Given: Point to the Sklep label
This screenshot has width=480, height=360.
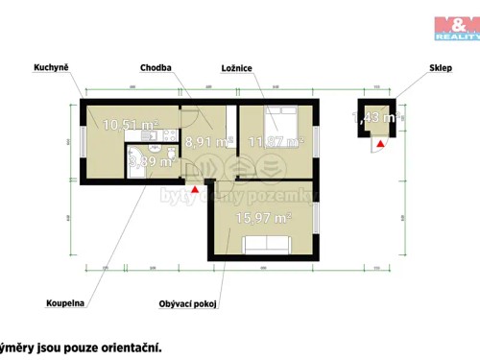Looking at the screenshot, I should click(442, 69).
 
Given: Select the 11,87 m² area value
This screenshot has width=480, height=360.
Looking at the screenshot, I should click(275, 142).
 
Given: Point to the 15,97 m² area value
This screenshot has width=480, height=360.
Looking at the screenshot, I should click(262, 219).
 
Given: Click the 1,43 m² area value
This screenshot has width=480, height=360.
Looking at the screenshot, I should click(378, 118).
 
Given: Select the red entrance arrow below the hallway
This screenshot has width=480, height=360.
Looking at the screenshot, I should click(196, 189).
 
